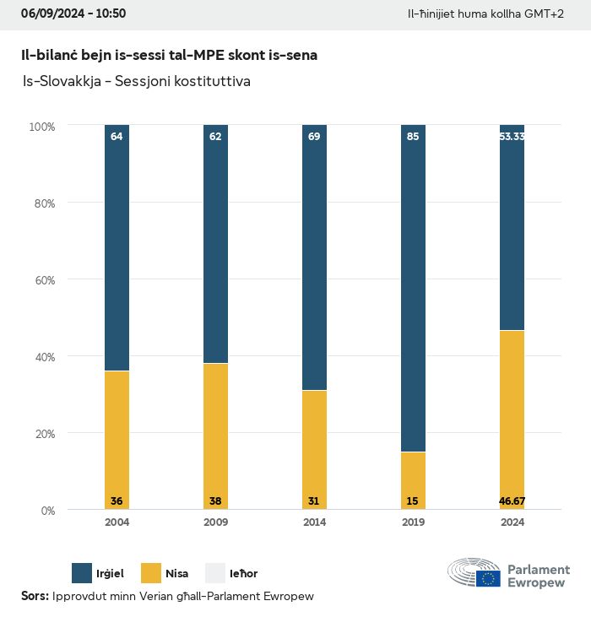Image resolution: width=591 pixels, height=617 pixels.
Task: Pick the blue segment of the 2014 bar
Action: [314, 257]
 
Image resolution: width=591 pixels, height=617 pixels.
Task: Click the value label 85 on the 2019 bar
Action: [413, 136]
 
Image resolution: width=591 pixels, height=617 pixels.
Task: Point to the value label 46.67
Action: [512, 501]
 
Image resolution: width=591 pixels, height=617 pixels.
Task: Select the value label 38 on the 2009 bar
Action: [215, 501]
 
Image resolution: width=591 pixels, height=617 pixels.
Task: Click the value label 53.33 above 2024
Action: [512, 136]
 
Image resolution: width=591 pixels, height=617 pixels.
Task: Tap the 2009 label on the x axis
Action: [215, 522]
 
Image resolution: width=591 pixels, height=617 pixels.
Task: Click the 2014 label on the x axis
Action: [314, 522]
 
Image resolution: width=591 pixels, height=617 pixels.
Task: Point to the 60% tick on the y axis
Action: [42, 279]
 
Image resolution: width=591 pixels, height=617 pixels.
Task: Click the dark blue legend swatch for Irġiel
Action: [82, 574]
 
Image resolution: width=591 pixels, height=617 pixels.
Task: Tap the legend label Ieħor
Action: [243, 574]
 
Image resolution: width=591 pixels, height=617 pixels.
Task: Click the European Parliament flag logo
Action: [488, 578]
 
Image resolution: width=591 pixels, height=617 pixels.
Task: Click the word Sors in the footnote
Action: [34, 596]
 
